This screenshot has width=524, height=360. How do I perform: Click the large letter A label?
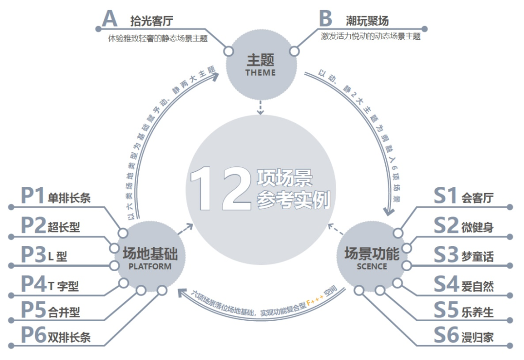click(x=110, y=19)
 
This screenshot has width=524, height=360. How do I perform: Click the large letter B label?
click(x=325, y=19)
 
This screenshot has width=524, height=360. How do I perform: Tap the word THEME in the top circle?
click(x=260, y=73)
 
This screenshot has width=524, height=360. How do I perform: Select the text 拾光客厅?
click(x=152, y=21)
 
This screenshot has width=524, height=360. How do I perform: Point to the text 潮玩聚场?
click(x=367, y=21)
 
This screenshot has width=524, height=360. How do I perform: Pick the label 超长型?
click(x=64, y=226)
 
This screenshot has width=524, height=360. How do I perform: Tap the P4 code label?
click(x=33, y=284)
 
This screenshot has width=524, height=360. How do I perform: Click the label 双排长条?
click(x=69, y=337)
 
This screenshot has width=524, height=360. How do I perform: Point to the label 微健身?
click(x=477, y=226)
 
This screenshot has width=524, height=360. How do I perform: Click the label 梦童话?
click(x=477, y=256)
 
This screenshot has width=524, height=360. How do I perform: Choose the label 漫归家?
click(x=477, y=337)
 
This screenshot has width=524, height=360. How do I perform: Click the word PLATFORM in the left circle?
click(x=149, y=266)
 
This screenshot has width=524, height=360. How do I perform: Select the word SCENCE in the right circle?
click(x=372, y=266)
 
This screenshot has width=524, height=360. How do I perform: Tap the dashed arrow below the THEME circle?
click(x=261, y=107)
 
